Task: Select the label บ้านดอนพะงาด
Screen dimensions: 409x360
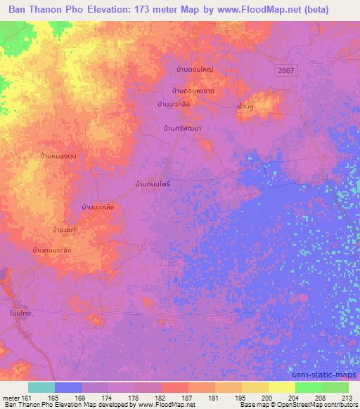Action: click(x=193, y=91)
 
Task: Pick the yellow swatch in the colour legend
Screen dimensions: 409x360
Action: click(x=282, y=387)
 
